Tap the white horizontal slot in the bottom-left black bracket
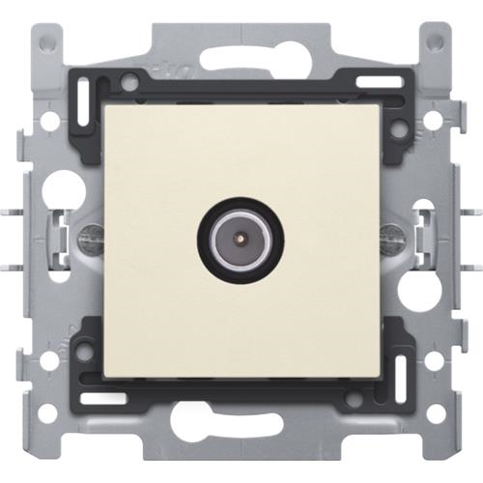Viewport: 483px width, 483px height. pos(100,397)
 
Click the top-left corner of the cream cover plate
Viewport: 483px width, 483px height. pos(104,105)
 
